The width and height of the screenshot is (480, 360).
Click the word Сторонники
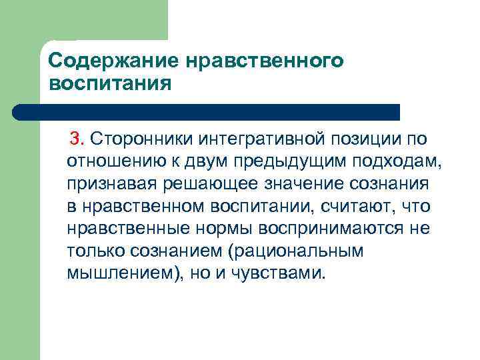(x=132, y=138)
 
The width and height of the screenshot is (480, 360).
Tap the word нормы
(x=217, y=229)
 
